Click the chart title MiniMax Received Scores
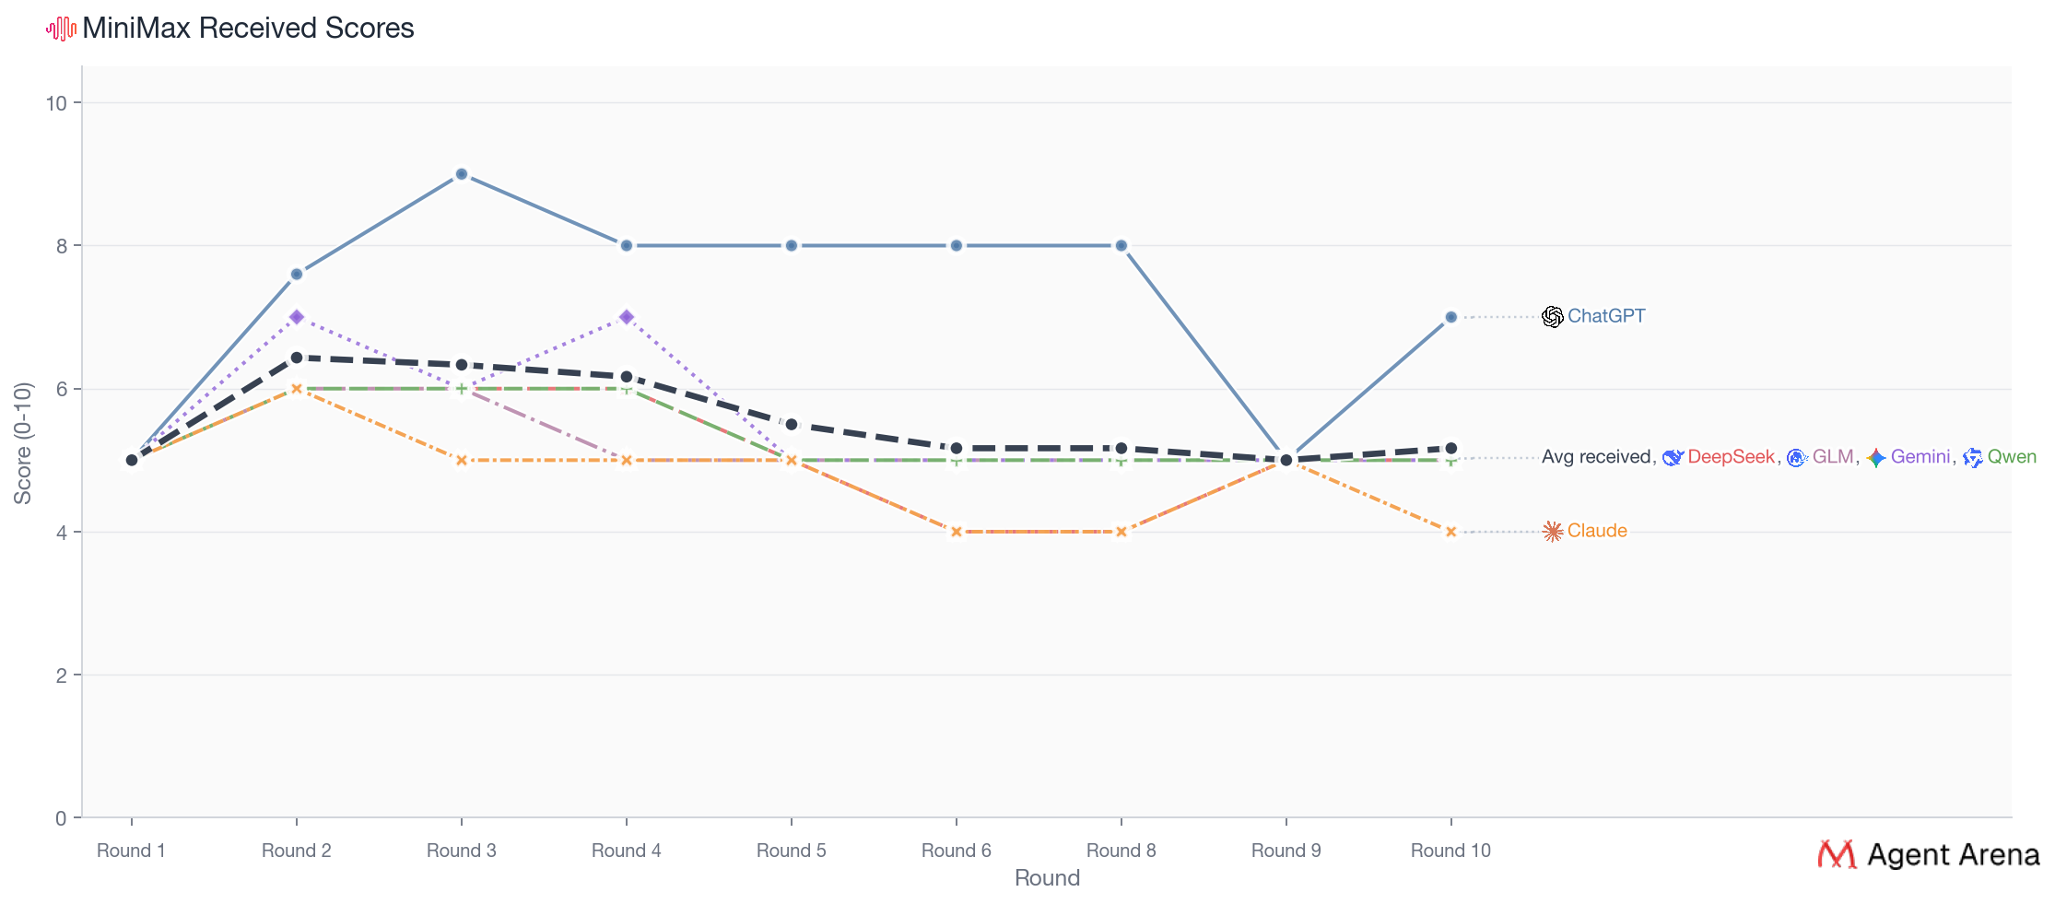pyautogui.click(x=248, y=29)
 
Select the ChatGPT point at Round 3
pyautogui.click(x=462, y=174)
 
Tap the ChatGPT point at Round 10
pyautogui.click(x=1450, y=317)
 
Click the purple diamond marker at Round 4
pyautogui.click(x=627, y=317)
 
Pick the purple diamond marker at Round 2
pyautogui.click(x=297, y=317)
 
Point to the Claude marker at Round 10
pyautogui.click(x=1450, y=532)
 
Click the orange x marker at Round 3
pyautogui.click(x=462, y=460)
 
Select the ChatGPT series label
pyautogui.click(x=1606, y=316)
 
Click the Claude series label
pyautogui.click(x=1597, y=531)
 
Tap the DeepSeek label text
pyautogui.click(x=1730, y=457)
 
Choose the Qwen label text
pyautogui.click(x=2012, y=457)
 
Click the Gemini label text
pyautogui.click(x=1920, y=457)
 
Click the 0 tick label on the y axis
pyautogui.click(x=61, y=818)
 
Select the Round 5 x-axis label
pyautogui.click(x=791, y=851)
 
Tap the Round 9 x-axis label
pyautogui.click(x=1286, y=851)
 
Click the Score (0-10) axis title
pyautogui.click(x=23, y=443)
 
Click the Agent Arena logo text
pyautogui.click(x=1953, y=855)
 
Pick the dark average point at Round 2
pyautogui.click(x=297, y=358)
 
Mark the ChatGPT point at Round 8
pyautogui.click(x=1121, y=246)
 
